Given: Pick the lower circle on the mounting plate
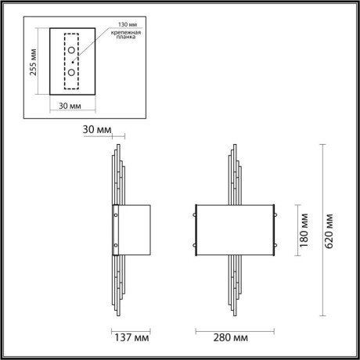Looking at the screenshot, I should coord(71,73).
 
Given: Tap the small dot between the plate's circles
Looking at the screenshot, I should coord(71,62).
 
